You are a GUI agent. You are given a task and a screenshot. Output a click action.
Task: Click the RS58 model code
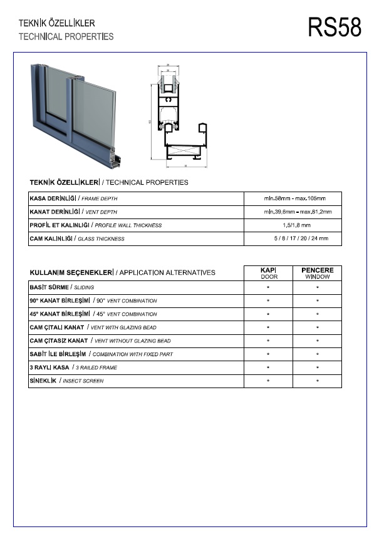click(334, 28)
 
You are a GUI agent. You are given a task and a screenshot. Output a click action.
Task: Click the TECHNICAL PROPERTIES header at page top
click(66, 36)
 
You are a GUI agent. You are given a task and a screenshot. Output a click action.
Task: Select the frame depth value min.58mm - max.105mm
click(294, 198)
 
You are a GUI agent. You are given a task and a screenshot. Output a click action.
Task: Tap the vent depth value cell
click(294, 212)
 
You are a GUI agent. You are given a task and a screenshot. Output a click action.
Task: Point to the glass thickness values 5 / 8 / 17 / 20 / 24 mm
click(300, 239)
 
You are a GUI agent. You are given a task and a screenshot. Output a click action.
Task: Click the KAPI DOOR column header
click(268, 273)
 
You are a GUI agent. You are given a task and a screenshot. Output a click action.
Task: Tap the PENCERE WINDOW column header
click(317, 273)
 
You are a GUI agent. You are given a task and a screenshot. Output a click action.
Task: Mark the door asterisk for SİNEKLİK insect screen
click(268, 381)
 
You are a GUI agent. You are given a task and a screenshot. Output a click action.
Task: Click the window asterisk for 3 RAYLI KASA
click(317, 367)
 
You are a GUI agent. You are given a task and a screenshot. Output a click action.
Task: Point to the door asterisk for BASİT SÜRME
click(268, 287)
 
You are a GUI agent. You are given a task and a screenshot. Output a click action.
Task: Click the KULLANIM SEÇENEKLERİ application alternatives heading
click(122, 273)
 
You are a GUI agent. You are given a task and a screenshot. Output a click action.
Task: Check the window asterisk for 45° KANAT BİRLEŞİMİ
click(317, 314)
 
